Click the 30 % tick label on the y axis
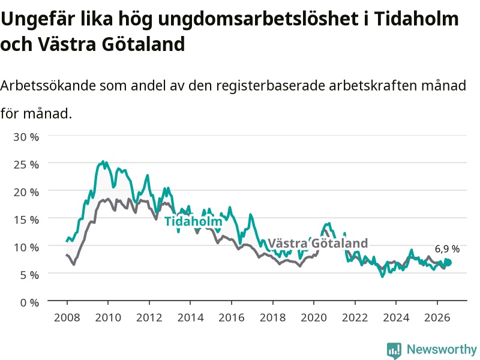pos(26,137)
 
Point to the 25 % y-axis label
pos(26,164)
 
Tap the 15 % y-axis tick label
pos(26,220)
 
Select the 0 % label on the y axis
pos(29,302)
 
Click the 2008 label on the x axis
pos(67,317)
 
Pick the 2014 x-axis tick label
pos(190,317)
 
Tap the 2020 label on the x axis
pos(314,317)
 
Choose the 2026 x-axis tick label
pos(437,317)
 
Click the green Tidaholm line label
pos(193,221)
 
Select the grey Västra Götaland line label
pos(318,244)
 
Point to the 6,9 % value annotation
pos(447,249)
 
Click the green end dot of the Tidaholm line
pos(448,263)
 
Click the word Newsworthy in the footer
pos(442,349)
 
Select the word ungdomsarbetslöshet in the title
pos(259,19)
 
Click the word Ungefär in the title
pos(38,19)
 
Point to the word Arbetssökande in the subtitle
pos(48,85)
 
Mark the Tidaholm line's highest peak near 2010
pos(103,161)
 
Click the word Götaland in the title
pos(143,44)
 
